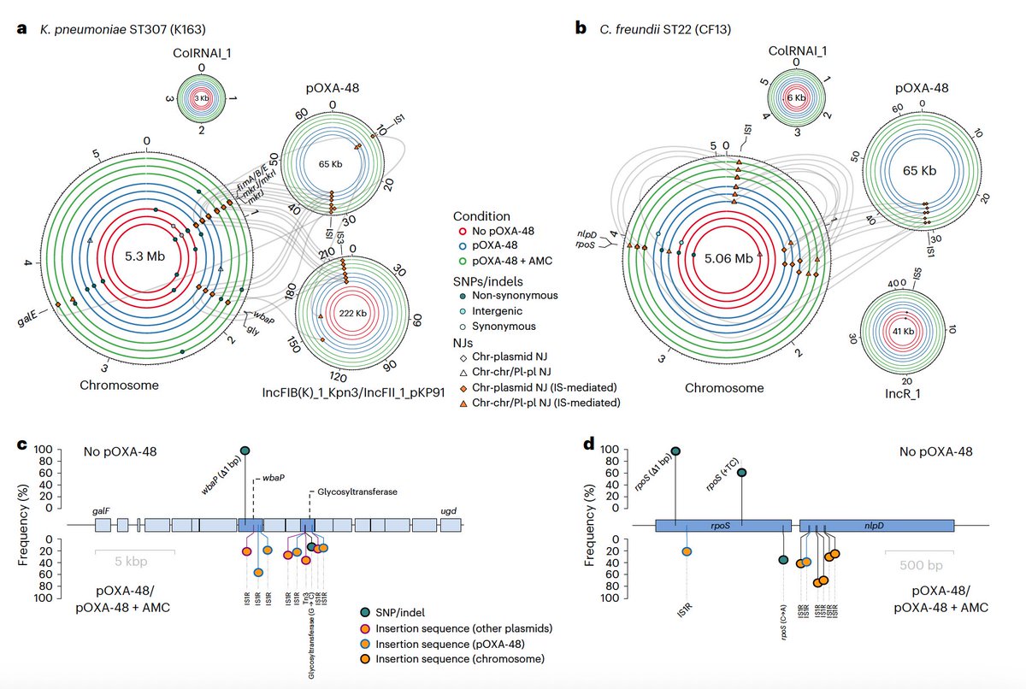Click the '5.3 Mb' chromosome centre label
coord(147,256)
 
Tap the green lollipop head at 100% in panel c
coord(245,450)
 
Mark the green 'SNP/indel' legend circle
coord(367,611)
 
